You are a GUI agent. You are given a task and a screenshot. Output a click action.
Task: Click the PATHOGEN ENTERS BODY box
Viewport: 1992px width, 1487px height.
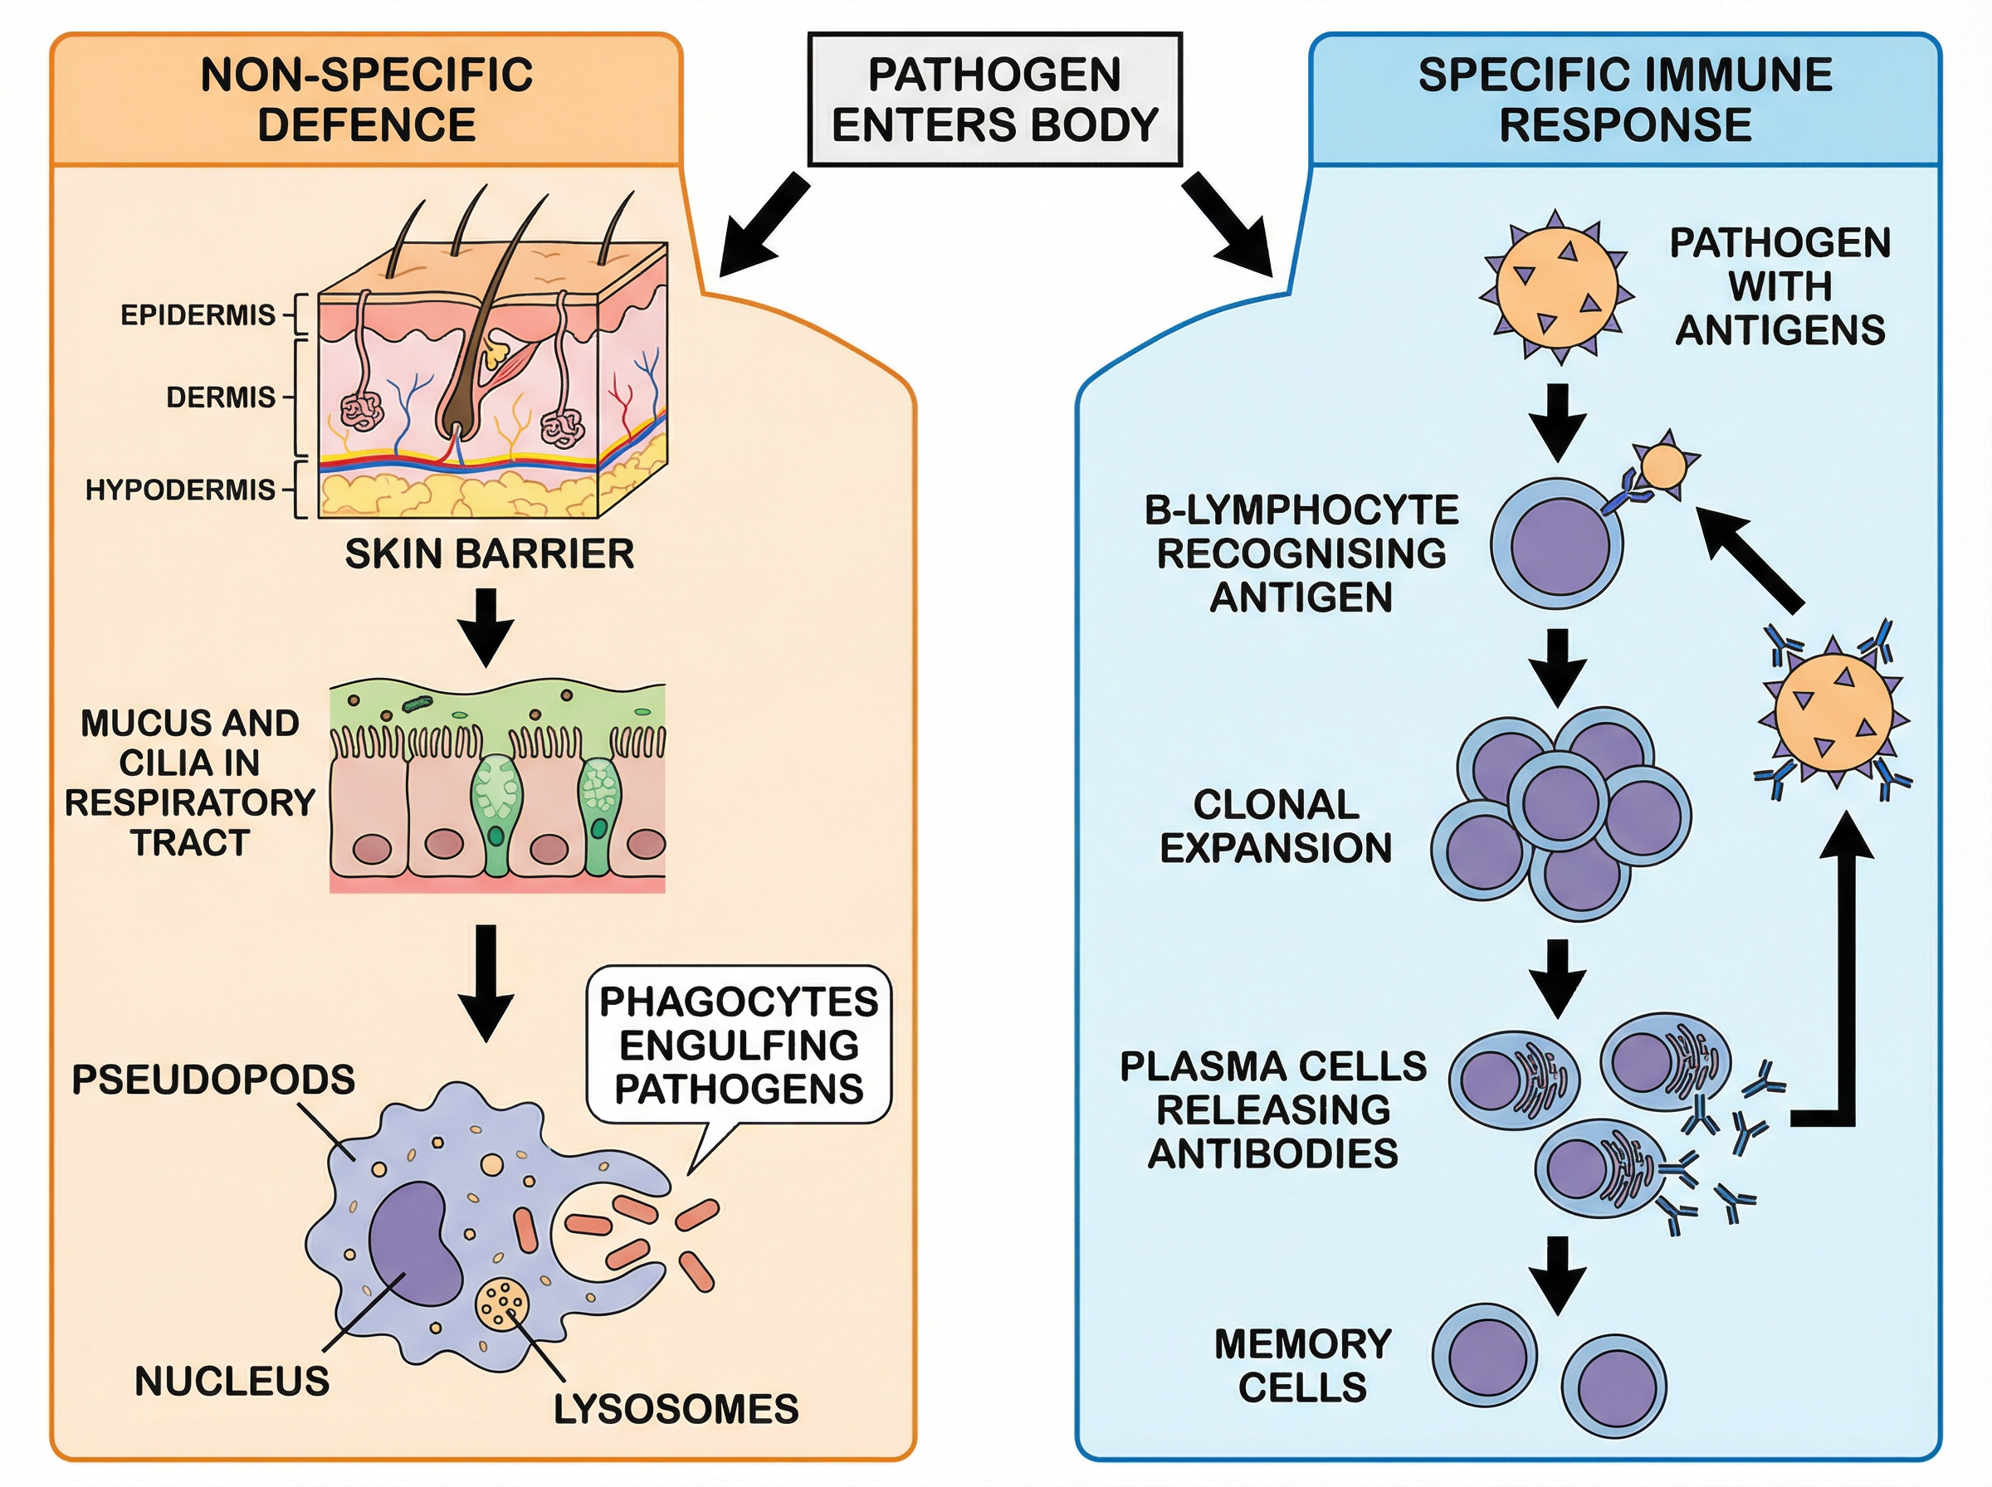994,99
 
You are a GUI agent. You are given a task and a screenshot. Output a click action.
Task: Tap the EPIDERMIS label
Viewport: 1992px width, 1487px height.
198,315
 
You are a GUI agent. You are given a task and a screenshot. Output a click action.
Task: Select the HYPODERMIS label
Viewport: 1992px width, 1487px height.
180,490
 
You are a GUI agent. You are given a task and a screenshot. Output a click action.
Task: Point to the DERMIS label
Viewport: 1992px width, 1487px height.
221,397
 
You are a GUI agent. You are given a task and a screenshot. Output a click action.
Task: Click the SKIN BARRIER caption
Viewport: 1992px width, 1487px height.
489,553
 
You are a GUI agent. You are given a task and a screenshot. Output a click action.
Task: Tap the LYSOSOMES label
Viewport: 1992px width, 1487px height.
675,1410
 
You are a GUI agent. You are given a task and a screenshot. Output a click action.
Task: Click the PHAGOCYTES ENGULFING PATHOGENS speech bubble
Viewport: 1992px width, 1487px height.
738,1045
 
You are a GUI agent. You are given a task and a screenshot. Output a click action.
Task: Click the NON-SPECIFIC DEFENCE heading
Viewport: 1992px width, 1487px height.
366,99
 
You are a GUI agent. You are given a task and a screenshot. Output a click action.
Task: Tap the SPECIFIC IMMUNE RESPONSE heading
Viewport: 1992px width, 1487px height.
1625,99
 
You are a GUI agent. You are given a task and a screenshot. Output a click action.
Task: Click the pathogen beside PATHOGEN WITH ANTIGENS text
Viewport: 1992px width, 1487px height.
1556,286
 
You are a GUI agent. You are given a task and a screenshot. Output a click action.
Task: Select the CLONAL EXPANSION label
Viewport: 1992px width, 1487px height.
1276,826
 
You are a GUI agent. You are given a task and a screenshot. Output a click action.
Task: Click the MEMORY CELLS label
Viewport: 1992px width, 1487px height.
1301,1366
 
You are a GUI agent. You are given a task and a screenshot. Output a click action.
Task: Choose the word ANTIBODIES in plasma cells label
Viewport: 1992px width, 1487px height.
1272,1153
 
